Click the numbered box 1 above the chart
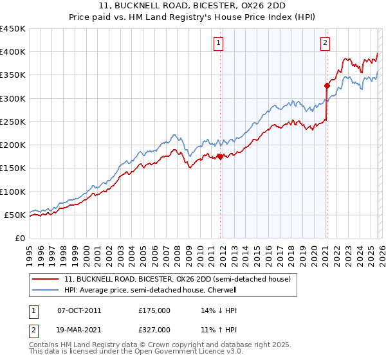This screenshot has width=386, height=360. (219, 43)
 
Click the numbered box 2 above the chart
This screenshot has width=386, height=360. (325, 43)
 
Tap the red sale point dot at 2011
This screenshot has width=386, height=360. (220, 156)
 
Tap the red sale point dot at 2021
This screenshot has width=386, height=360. (327, 85)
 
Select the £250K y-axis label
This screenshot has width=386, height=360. (13, 122)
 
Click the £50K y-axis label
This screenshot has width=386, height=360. (15, 215)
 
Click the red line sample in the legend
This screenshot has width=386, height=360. (46, 279)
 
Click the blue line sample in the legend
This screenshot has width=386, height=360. (46, 290)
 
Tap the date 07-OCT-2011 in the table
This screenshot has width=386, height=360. (79, 310)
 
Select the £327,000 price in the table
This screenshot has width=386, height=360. (154, 330)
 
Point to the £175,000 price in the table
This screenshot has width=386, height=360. (154, 310)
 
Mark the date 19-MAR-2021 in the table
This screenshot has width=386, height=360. (79, 330)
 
